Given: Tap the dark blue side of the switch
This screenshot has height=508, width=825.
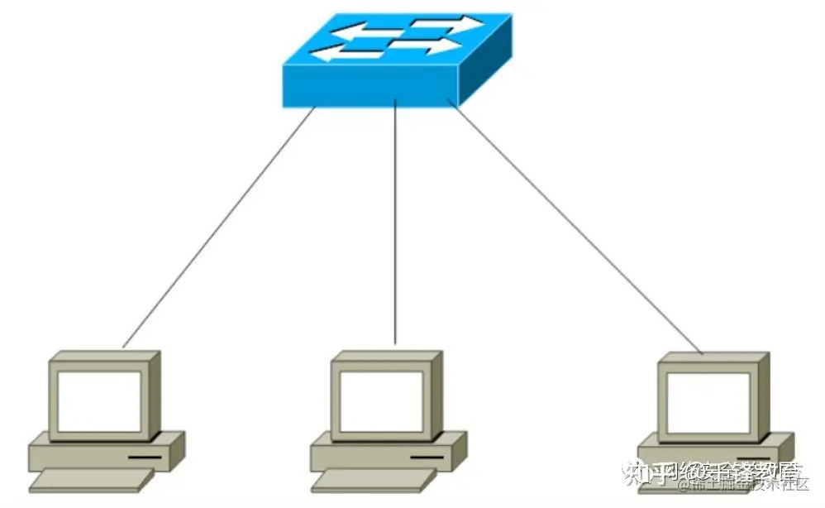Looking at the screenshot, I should (485, 73).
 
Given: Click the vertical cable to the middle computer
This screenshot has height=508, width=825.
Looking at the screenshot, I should (396, 223).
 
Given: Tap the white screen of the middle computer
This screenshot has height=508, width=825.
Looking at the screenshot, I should (382, 400).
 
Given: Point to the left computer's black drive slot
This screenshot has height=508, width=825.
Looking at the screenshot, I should (145, 456).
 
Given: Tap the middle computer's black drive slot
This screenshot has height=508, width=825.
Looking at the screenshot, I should (427, 457).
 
